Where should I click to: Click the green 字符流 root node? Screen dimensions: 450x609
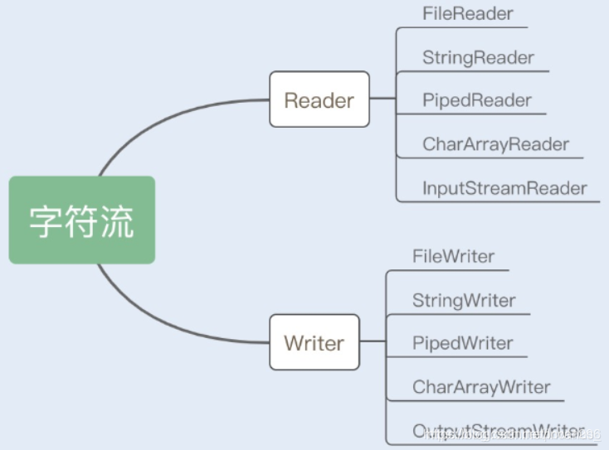(81, 220)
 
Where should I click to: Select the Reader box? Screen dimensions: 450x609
(319, 99)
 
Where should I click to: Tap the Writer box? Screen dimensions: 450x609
(314, 341)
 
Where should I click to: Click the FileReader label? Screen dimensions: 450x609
(467, 14)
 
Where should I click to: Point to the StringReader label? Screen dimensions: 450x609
(478, 57)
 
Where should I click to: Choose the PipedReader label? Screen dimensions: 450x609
(476, 100)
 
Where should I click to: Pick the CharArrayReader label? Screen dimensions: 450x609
(495, 144)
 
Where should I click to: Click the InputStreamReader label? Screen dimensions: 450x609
(504, 188)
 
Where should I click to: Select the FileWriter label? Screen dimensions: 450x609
(453, 256)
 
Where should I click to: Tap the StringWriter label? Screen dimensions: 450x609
(464, 300)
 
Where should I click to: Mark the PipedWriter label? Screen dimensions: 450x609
(462, 343)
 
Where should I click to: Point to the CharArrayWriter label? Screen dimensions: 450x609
(481, 387)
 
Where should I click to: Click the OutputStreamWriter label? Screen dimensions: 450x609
(498, 430)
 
